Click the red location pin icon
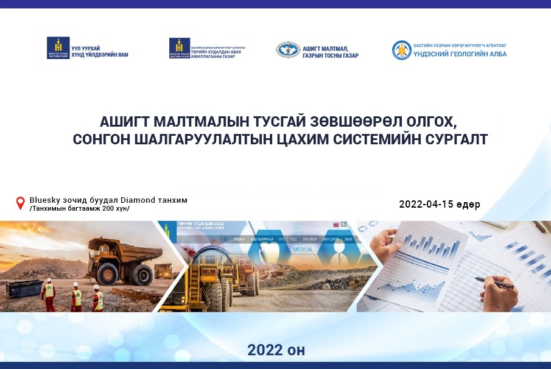point(21,203)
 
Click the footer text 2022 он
point(276,350)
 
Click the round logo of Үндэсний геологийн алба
point(402,50)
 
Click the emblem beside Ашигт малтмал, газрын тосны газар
point(287,50)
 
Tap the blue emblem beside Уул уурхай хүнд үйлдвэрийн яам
point(58,48)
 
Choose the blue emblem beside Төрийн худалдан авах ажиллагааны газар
point(180,48)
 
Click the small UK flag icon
point(335,225)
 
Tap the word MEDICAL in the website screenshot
point(303,250)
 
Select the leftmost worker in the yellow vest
point(49,294)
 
